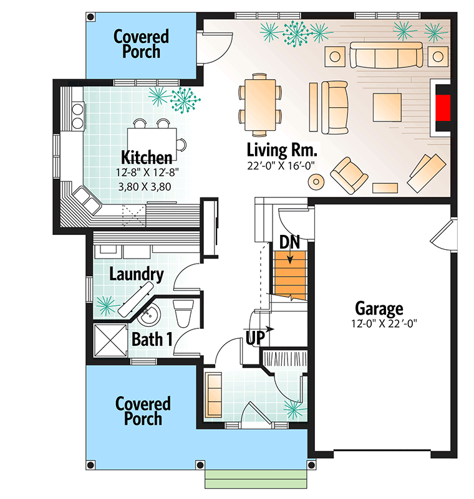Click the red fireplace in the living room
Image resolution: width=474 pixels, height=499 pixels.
[443, 108]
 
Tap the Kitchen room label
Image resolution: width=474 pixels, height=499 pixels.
[147, 157]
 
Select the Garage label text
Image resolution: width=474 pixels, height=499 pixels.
[379, 308]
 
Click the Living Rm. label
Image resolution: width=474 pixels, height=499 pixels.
[283, 150]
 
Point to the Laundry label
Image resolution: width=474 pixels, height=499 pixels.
[137, 274]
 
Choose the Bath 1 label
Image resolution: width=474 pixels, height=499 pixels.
[152, 340]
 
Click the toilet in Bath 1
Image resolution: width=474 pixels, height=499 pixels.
[183, 313]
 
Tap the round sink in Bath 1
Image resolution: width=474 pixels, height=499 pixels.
[150, 314]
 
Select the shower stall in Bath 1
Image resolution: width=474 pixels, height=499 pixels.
[110, 340]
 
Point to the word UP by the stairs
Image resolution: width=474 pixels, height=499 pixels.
[255, 337]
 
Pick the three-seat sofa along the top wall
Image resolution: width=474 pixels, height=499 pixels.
[387, 55]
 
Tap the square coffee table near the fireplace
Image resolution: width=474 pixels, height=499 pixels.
[387, 107]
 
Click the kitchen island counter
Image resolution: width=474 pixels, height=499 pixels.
[152, 140]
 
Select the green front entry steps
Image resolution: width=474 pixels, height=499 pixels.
[256, 478]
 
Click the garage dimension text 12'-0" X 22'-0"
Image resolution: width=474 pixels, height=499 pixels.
[384, 323]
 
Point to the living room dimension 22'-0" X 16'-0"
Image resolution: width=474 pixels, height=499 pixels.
[281, 166]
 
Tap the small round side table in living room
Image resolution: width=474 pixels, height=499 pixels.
[316, 182]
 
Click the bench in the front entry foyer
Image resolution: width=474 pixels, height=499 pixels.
[213, 396]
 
